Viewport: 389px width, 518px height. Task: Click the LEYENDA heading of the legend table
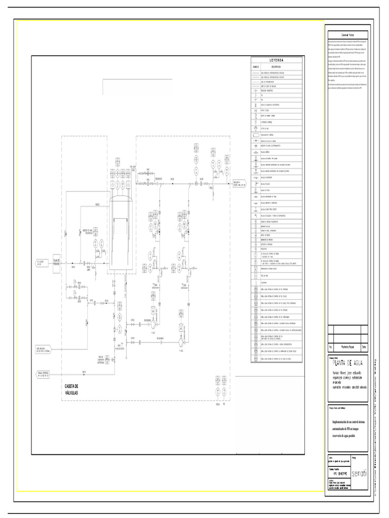[x=276, y=60]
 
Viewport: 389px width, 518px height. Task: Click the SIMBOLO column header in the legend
[x=256, y=66]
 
